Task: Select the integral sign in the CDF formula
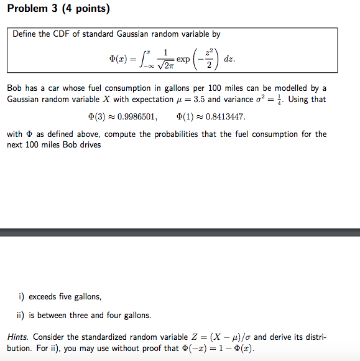tap(144, 59)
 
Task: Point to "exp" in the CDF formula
tap(183, 59)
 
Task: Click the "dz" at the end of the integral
tap(229, 59)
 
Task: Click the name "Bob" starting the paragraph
tap(15, 88)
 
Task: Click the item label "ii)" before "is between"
tap(21, 315)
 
